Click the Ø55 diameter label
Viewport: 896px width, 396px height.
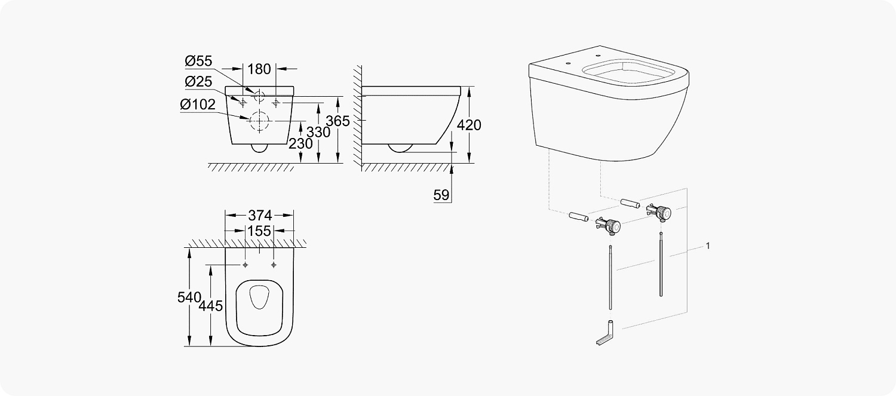(199, 62)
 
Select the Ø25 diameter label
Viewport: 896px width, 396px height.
(199, 82)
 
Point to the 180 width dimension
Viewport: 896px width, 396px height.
(259, 69)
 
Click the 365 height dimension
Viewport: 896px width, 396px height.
(338, 121)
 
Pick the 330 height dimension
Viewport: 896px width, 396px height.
(318, 132)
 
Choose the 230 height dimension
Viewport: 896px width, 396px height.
(301, 144)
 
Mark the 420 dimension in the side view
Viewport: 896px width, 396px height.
(468, 125)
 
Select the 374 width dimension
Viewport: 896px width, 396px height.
(259, 215)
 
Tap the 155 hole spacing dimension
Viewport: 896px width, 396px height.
(259, 231)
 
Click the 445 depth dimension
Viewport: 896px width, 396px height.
(211, 306)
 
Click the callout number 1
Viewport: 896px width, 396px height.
(708, 246)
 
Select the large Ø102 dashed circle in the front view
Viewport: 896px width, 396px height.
(260, 121)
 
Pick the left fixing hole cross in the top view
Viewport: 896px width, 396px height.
(246, 264)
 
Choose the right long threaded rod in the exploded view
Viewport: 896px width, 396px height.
(661, 266)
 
